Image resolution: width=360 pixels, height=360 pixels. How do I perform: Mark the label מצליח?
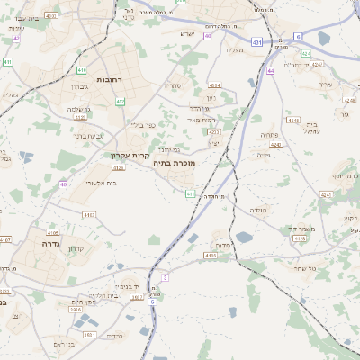(235, 49)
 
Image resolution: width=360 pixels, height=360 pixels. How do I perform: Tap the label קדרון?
(76, 249)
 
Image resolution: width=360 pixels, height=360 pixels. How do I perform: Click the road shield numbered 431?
(257, 41)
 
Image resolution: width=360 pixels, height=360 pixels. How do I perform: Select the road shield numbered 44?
(270, 70)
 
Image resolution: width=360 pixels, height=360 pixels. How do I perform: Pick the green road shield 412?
(120, 102)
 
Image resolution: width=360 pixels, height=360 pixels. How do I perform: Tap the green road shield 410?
(82, 69)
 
